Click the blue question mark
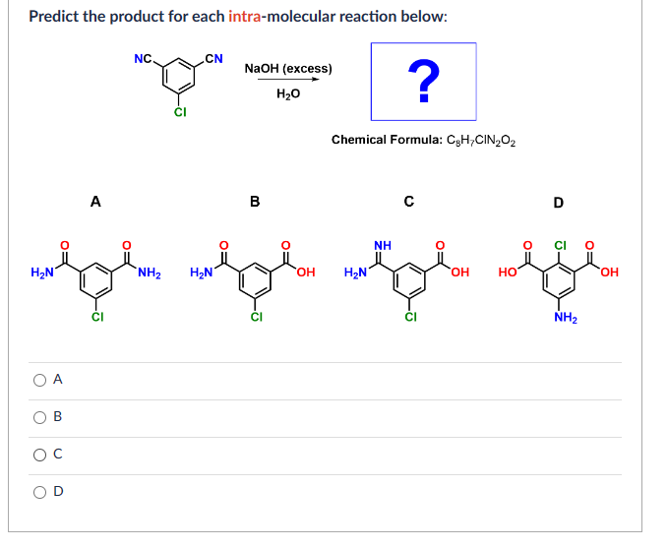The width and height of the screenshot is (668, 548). click(423, 81)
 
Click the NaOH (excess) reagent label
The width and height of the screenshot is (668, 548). click(287, 68)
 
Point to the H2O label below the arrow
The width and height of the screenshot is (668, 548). click(287, 94)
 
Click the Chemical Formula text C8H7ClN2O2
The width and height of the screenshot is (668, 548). click(423, 140)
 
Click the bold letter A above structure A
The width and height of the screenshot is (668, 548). click(94, 202)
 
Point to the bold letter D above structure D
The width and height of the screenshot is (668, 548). click(558, 204)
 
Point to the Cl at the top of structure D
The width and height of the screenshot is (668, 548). click(561, 244)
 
